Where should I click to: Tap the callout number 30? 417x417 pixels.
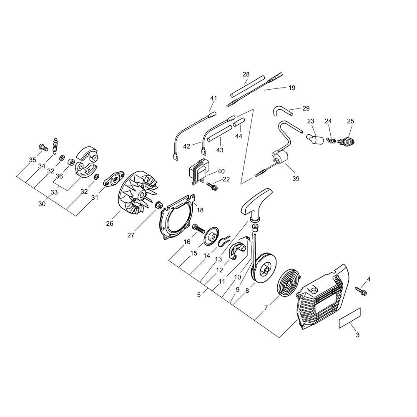coord(41,204)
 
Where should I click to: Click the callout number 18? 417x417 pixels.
coord(200,210)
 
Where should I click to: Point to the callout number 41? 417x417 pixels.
coord(214,98)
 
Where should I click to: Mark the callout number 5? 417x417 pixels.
coord(198,294)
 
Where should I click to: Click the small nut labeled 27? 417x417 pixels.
coord(158,206)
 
